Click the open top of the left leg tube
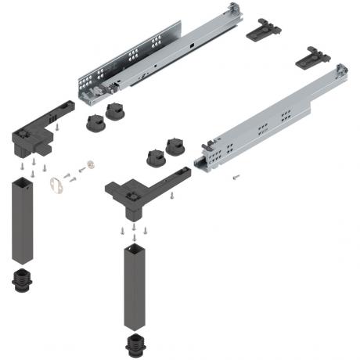tap(22, 182)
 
